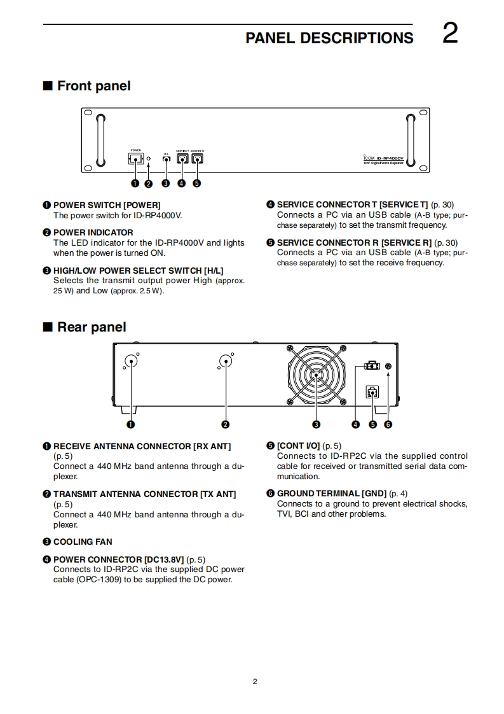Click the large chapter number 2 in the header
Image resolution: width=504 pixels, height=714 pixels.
tap(449, 33)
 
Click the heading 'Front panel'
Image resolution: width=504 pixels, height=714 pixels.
tap(93, 86)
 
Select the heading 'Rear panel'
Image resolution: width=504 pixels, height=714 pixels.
tap(91, 327)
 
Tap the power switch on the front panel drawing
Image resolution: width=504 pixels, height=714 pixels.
tap(135, 159)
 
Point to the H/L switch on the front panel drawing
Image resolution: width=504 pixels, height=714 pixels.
tap(166, 159)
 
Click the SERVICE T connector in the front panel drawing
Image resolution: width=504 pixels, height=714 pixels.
tap(182, 159)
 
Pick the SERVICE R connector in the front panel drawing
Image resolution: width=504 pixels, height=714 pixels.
tap(197, 159)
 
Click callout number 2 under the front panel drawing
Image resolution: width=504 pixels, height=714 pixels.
tap(149, 184)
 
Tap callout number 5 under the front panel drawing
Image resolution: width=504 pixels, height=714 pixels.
tap(197, 184)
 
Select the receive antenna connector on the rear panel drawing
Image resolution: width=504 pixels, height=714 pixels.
tap(131, 362)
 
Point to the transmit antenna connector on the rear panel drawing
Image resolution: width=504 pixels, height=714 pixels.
tap(225, 362)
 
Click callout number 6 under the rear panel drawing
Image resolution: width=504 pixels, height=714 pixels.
tap(388, 424)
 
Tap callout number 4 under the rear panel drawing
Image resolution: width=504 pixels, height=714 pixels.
tap(356, 424)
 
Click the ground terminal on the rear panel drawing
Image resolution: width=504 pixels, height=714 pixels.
tap(388, 367)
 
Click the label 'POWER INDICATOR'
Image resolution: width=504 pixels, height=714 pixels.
tap(93, 232)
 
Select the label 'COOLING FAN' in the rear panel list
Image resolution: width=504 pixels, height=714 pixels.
tap(83, 542)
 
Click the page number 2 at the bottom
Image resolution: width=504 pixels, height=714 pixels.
tap(255, 682)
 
